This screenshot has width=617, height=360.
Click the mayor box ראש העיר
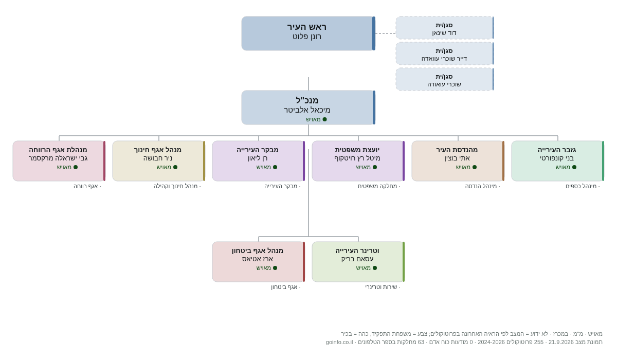tap(308, 33)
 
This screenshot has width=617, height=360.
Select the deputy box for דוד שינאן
tap(445, 28)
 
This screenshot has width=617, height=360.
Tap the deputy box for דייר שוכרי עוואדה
tap(445, 53)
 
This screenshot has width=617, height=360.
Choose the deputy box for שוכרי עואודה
tap(445, 79)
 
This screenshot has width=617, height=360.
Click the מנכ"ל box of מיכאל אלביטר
tap(308, 107)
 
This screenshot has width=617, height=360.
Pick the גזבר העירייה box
tap(558, 161)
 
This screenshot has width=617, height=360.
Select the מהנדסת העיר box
tap(458, 161)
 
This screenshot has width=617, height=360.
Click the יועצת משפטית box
tap(358, 161)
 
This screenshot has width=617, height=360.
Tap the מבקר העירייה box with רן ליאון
tap(259, 161)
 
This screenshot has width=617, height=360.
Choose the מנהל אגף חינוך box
tap(159, 161)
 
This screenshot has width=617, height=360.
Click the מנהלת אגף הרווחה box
tap(59, 161)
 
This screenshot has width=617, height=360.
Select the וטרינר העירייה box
tap(358, 262)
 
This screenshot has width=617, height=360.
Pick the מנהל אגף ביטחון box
tap(259, 262)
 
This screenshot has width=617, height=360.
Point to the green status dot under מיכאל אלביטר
tap(325, 119)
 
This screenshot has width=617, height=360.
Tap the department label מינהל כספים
tap(581, 186)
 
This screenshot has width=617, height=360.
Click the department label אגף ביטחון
tap(284, 287)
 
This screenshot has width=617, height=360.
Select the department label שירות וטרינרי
tap(381, 287)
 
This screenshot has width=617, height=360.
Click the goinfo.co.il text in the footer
tap(339, 342)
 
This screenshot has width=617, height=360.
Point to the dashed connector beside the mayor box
tap(386, 33)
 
